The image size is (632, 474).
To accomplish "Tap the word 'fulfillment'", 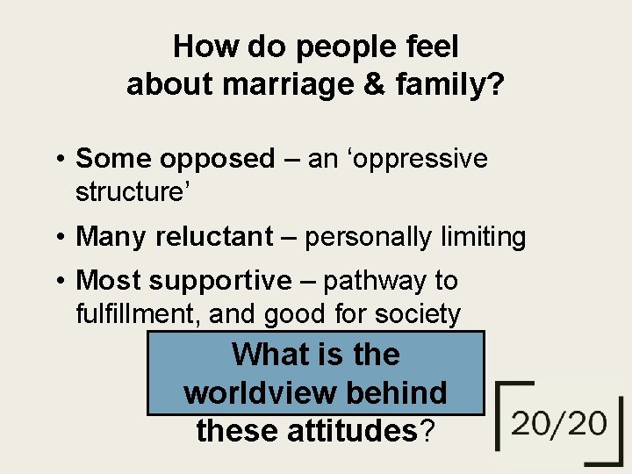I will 133,312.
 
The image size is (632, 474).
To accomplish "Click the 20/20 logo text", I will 560,425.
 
